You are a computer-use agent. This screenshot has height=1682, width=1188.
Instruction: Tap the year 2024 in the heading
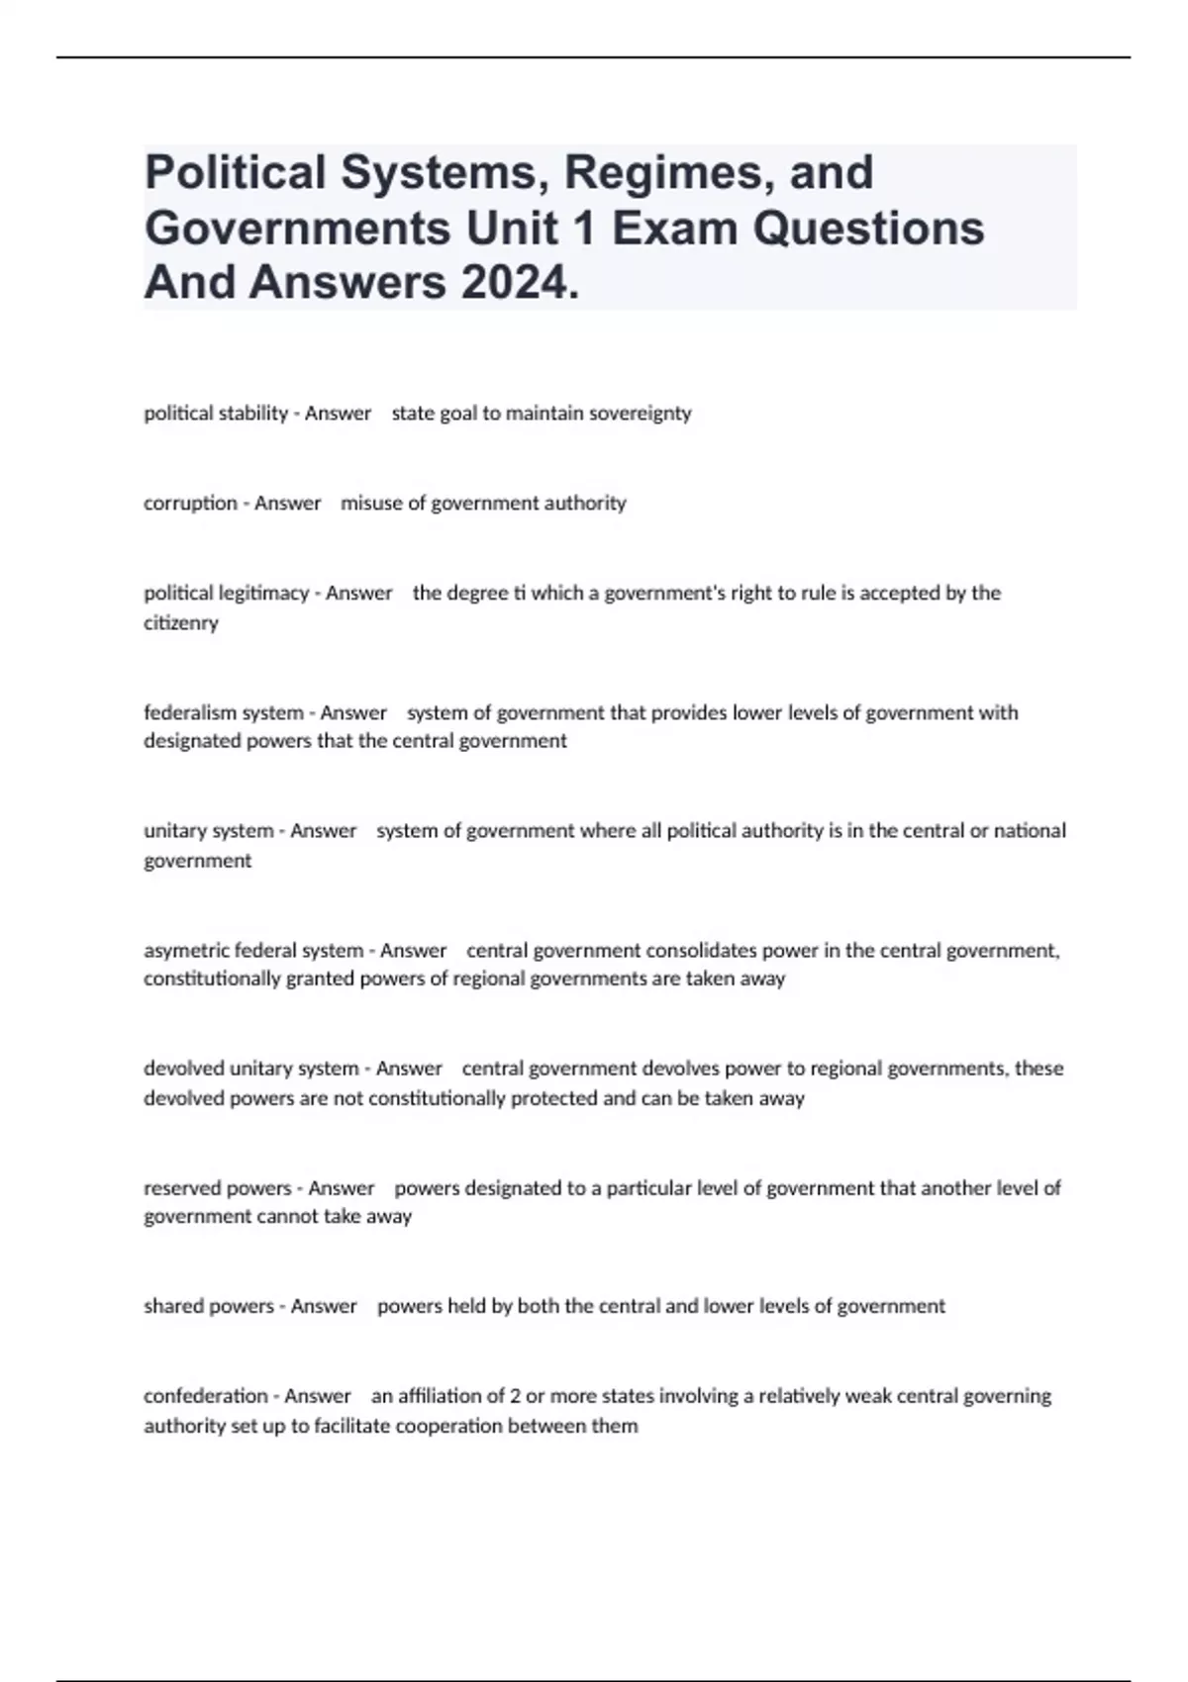[516, 283]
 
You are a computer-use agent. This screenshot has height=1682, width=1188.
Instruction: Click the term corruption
[190, 503]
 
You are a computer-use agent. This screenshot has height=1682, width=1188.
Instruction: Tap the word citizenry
[180, 623]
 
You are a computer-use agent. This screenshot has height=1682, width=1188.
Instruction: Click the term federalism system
[223, 712]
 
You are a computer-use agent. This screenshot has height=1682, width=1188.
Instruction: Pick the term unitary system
[208, 831]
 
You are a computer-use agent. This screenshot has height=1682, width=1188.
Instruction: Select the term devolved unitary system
[250, 1069]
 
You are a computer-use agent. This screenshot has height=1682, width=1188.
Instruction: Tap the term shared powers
[208, 1306]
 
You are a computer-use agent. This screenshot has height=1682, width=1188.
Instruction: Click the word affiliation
[446, 1396]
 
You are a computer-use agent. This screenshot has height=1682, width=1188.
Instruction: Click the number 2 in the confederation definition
[515, 1396]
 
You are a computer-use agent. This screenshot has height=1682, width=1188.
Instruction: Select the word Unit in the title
[530, 229]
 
